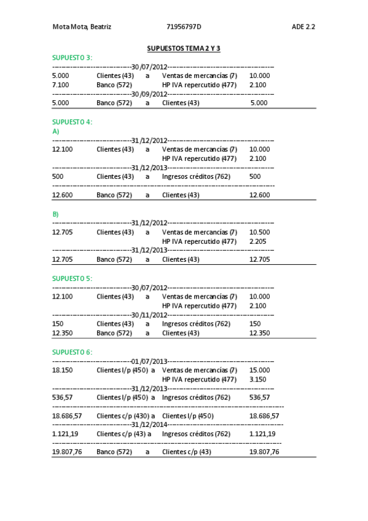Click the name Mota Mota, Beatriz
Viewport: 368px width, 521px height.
click(x=82, y=27)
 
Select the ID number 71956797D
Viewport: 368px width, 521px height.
click(x=184, y=27)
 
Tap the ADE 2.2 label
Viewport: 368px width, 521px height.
click(x=303, y=27)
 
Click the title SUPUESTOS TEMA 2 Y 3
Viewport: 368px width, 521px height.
click(x=184, y=49)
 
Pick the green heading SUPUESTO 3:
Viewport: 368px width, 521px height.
click(x=72, y=58)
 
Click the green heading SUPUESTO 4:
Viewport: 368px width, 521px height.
click(x=72, y=122)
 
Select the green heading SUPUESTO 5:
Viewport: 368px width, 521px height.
click(x=72, y=278)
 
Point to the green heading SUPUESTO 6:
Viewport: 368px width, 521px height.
click(x=72, y=352)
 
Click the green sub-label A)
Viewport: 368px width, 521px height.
click(x=56, y=131)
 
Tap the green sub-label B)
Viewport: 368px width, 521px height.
click(x=56, y=214)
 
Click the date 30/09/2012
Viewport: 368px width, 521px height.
click(x=149, y=94)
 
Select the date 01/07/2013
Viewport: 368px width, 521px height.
click(x=149, y=361)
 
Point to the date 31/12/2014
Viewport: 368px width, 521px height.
click(x=149, y=425)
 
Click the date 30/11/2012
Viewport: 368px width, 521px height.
click(x=149, y=315)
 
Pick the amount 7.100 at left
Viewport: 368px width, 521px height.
click(x=61, y=85)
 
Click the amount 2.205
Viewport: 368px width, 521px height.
click(x=258, y=241)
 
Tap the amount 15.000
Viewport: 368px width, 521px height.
click(x=259, y=370)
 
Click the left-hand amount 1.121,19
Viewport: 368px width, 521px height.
click(x=65, y=434)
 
